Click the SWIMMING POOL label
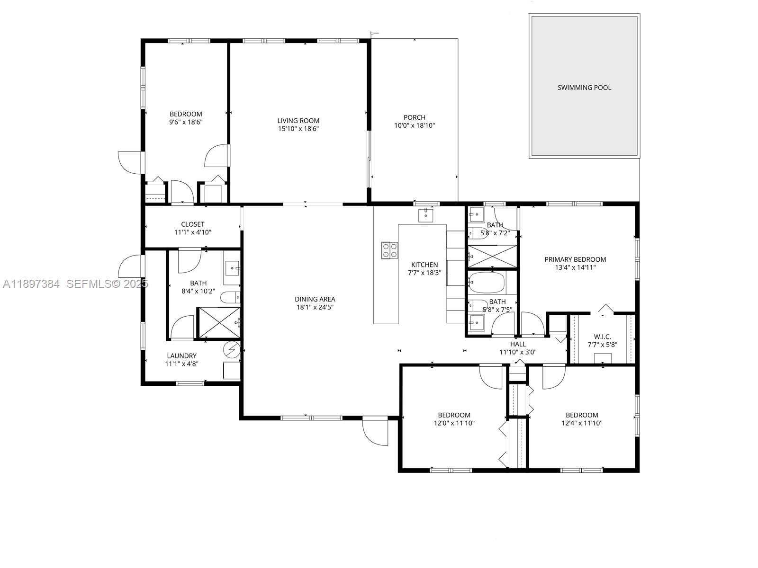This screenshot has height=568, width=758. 584,88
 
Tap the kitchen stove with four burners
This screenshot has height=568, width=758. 389,250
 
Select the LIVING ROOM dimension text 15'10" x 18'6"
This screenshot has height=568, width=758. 298,129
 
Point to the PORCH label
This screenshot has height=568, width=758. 414,117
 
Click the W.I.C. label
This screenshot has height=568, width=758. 602,337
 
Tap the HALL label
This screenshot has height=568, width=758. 518,344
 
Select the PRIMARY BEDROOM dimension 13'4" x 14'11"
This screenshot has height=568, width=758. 575,267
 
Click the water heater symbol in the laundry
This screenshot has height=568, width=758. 232,350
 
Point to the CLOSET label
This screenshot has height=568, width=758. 192,224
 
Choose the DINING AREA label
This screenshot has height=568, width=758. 315,299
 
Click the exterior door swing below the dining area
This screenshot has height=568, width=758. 376,432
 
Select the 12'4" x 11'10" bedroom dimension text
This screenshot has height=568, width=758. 582,423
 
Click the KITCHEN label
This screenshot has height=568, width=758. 424,265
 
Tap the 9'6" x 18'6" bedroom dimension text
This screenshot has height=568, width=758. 186,122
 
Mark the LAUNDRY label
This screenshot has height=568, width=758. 181,356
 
